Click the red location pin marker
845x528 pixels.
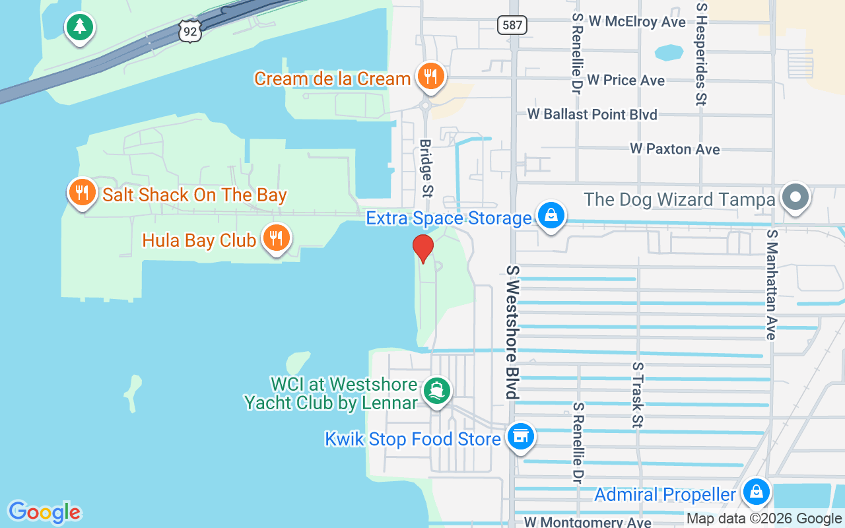coord(422,248)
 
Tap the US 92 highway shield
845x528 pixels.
coord(189,31)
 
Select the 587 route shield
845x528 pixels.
coord(512,25)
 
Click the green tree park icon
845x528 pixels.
coord(80,26)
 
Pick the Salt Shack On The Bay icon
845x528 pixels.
coord(82,193)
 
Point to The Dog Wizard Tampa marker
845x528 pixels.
coord(795,197)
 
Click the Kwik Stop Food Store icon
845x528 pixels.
coord(520,436)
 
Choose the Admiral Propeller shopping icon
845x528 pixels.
coord(756,492)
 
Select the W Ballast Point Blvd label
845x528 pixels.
coord(592,114)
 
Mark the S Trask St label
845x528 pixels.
coord(637,394)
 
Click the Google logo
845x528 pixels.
coord(44,511)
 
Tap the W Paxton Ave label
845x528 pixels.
coord(674,149)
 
